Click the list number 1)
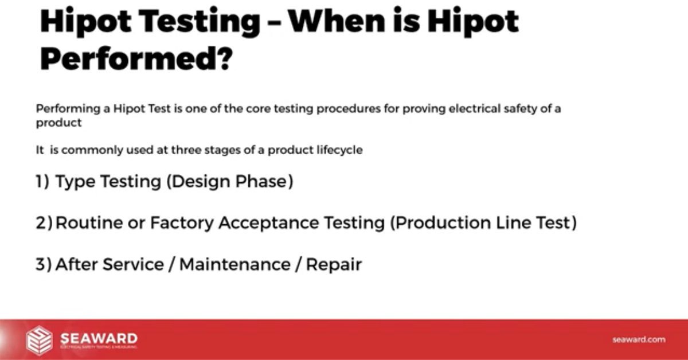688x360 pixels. (x=42, y=182)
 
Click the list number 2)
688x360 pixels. (x=44, y=223)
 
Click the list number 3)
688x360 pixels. (x=44, y=264)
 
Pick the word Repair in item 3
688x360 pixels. (x=334, y=264)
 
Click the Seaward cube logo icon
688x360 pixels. (x=39, y=339)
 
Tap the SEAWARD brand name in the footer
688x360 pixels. (x=99, y=337)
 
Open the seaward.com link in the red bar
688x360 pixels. (x=639, y=339)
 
